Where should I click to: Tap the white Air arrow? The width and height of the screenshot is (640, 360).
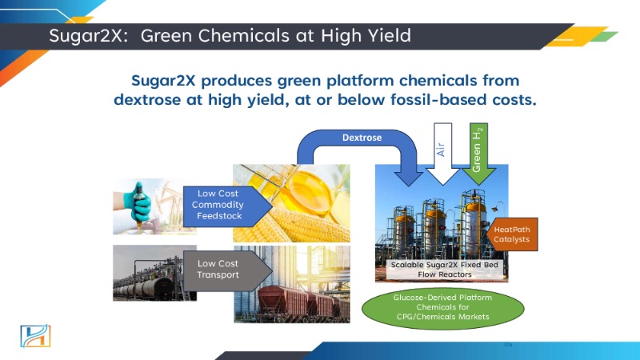(442, 153)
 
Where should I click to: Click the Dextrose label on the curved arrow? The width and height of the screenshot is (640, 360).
(362, 138)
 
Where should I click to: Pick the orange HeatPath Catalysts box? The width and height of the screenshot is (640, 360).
(512, 234)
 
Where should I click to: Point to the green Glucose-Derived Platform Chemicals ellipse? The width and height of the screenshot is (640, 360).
(443, 307)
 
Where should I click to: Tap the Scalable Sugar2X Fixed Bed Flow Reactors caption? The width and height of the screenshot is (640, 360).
(445, 270)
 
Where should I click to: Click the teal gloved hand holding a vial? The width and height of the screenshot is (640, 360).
(138, 204)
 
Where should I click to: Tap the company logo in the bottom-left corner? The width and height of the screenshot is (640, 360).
(35, 336)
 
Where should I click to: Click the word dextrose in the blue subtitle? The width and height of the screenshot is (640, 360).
(147, 99)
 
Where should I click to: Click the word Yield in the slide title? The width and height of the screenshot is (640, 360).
(390, 35)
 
